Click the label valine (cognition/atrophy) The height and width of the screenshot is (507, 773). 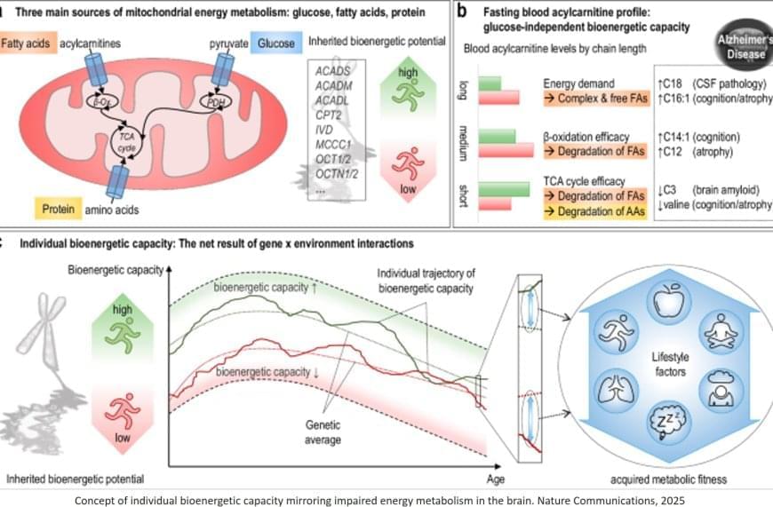pos(715,205)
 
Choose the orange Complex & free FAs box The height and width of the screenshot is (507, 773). pos(594,99)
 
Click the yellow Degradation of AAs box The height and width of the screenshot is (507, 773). pos(593,211)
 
